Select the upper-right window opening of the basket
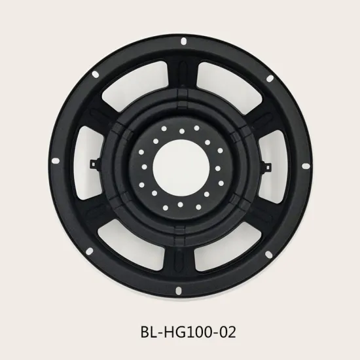tap(226, 79)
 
